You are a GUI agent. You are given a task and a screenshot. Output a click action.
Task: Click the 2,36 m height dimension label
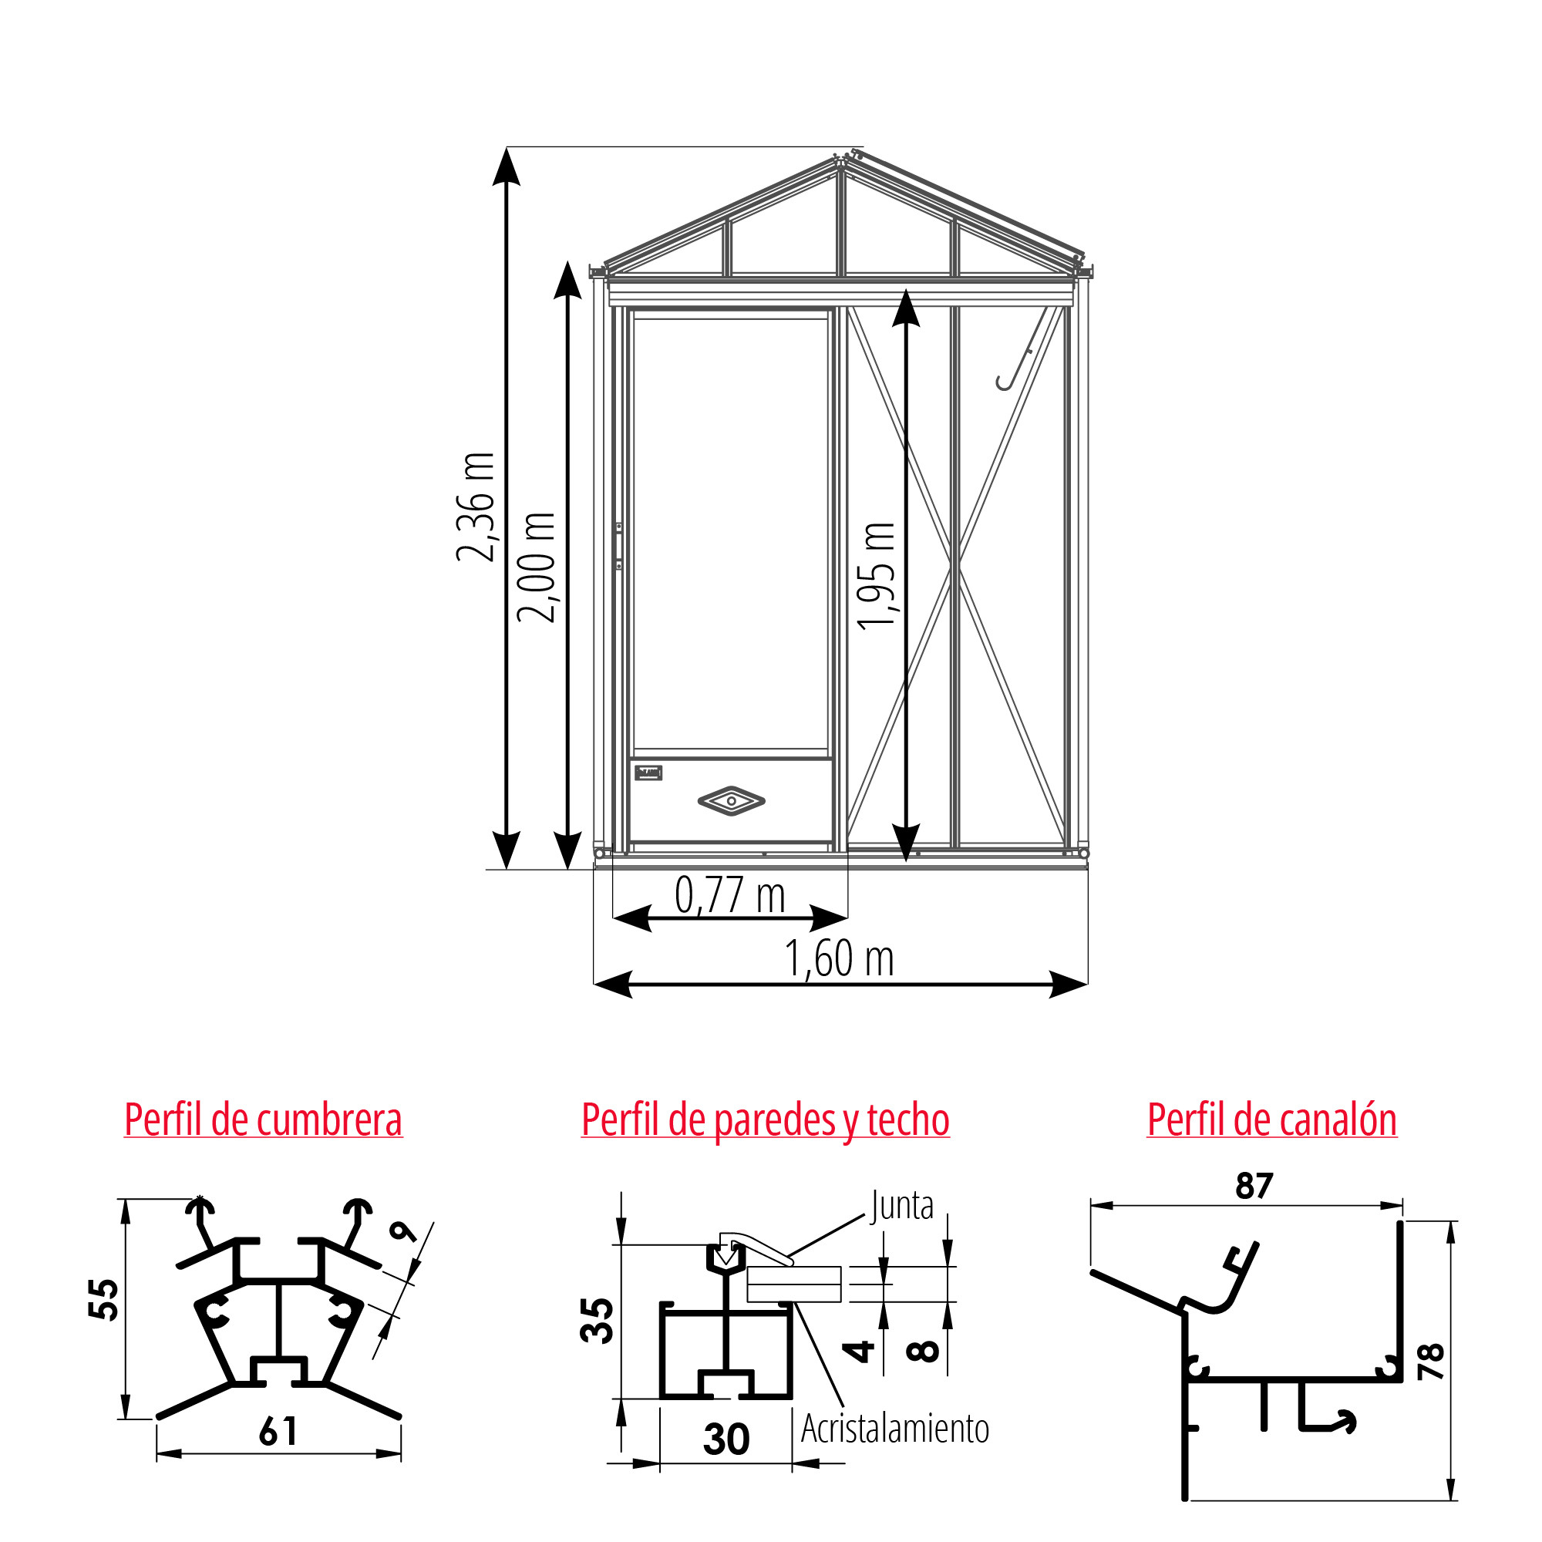tap(476, 507)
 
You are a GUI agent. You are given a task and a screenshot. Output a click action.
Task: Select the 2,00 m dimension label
tap(537, 567)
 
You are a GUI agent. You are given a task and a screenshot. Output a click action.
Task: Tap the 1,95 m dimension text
tap(877, 576)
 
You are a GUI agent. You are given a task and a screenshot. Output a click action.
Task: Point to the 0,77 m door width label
tap(729, 894)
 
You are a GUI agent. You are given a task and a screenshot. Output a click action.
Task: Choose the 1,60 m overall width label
tap(839, 958)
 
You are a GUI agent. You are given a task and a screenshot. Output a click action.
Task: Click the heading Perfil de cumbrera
tap(264, 1119)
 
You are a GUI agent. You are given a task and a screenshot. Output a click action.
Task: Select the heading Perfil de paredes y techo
tap(766, 1120)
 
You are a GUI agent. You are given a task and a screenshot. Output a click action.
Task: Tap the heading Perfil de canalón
tap(1272, 1119)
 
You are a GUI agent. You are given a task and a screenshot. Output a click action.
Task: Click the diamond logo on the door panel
tap(731, 800)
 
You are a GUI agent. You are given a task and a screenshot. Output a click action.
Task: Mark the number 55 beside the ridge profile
tap(105, 1299)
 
